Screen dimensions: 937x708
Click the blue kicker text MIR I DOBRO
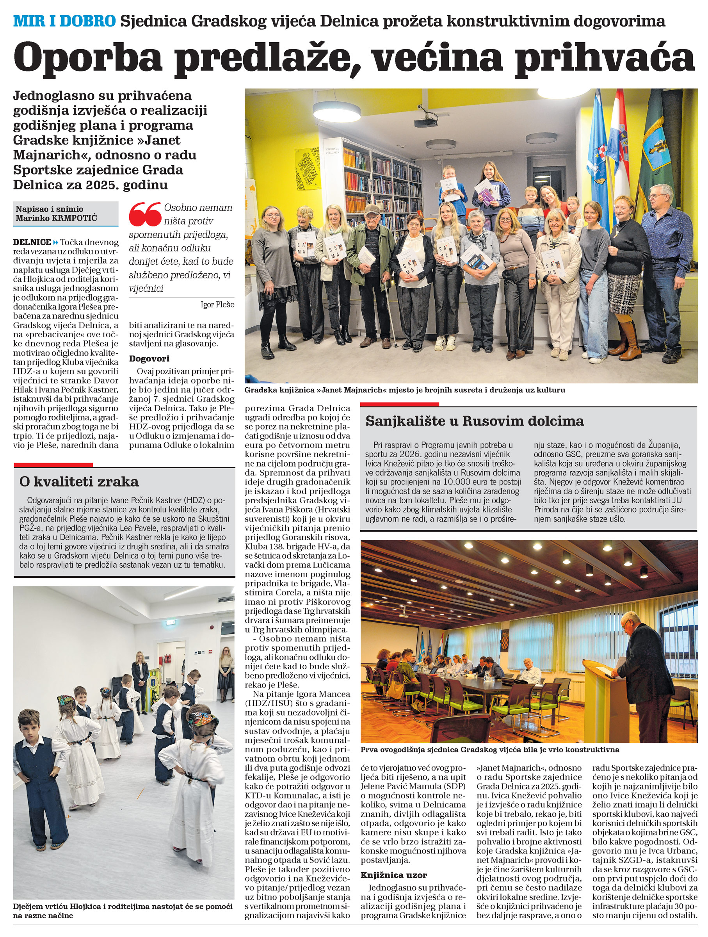64,21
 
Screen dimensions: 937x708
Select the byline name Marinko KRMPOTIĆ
56,218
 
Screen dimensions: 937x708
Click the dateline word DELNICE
32,242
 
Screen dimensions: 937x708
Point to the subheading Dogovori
149,358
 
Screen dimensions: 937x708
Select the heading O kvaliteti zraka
79,482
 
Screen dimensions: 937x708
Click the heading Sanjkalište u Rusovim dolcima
474,421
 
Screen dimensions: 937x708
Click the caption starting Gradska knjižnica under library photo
404,390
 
